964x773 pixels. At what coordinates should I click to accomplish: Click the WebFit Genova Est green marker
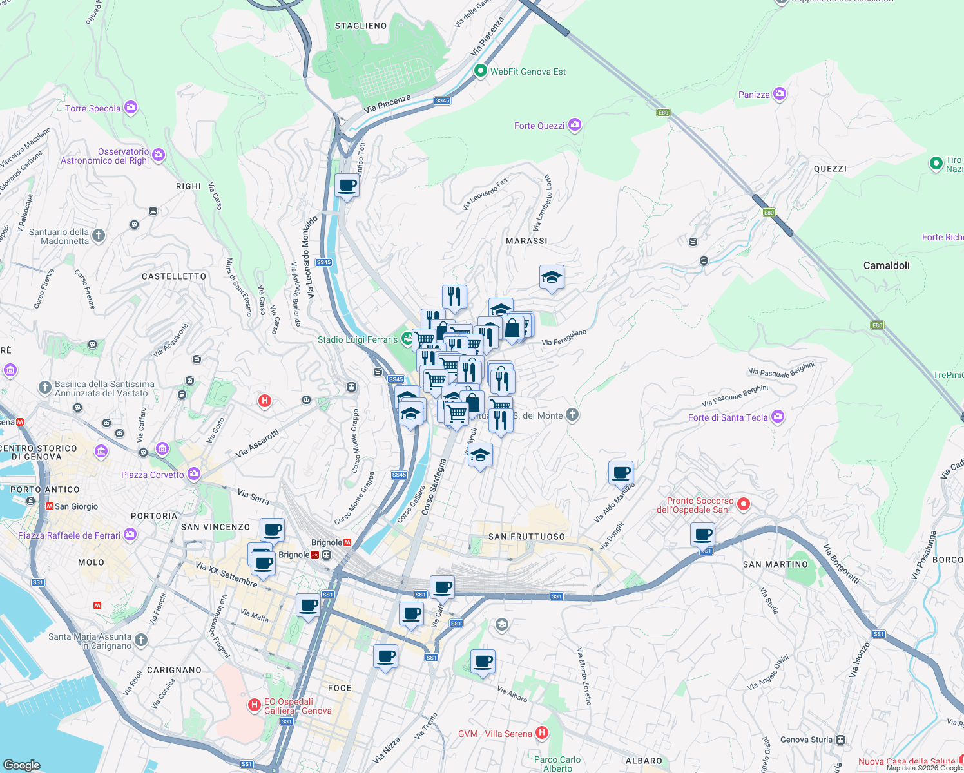coord(480,71)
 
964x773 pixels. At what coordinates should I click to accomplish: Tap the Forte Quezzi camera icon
coord(574,125)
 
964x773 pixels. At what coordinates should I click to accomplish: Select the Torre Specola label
coord(93,108)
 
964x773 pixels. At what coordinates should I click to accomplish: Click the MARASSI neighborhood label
coord(526,241)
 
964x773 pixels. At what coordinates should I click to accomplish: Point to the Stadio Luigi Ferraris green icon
coord(407,338)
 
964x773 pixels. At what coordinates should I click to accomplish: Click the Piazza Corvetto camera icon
coord(194,475)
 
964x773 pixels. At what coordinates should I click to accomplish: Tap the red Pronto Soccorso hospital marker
coord(743,504)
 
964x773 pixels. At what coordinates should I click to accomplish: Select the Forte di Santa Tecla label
coord(728,417)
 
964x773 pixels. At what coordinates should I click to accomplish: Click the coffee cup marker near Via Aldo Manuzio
coord(621,473)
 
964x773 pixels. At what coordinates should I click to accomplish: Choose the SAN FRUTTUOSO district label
coord(526,537)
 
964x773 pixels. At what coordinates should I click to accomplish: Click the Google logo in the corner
coord(22,765)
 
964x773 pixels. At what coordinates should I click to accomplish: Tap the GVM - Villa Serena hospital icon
coord(542,733)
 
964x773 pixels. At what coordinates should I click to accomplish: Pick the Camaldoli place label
coord(886,265)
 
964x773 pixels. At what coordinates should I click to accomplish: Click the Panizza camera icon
coord(779,94)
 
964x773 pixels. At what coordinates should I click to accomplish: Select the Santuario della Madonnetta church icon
coord(99,236)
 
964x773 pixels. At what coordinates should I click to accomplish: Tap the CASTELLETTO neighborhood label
coord(174,276)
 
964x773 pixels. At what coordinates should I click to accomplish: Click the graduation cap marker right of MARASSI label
coord(552,278)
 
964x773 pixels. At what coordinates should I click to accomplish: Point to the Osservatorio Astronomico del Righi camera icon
coord(159,155)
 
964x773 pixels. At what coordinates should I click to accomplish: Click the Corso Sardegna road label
coord(434,487)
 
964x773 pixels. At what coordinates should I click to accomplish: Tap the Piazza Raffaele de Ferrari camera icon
coord(130,535)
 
